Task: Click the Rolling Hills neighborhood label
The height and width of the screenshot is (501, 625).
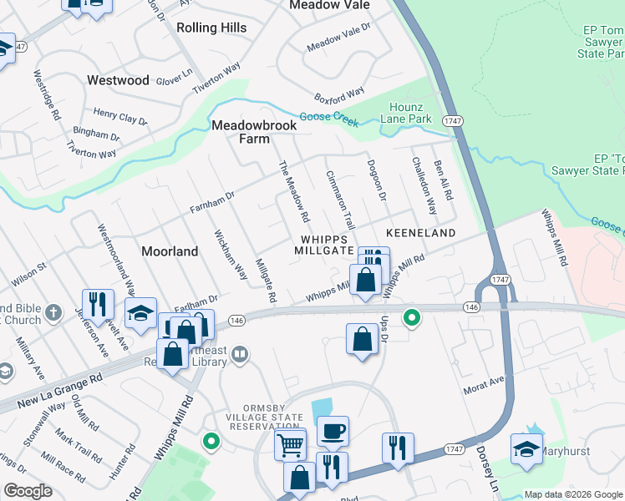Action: click(x=211, y=28)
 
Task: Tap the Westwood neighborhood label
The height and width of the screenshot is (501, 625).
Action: click(x=118, y=81)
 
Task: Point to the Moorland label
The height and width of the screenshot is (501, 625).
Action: click(x=170, y=250)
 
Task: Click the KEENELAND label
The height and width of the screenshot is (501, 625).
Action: click(x=420, y=233)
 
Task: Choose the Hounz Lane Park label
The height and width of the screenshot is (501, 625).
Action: click(x=411, y=114)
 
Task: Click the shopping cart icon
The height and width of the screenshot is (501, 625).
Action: click(x=290, y=443)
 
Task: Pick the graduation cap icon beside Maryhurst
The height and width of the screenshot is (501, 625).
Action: click(x=527, y=449)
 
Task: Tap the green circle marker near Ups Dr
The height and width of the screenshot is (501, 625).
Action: click(x=411, y=316)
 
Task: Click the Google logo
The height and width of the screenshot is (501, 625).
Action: click(x=28, y=491)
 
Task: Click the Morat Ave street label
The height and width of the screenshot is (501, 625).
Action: click(x=485, y=386)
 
